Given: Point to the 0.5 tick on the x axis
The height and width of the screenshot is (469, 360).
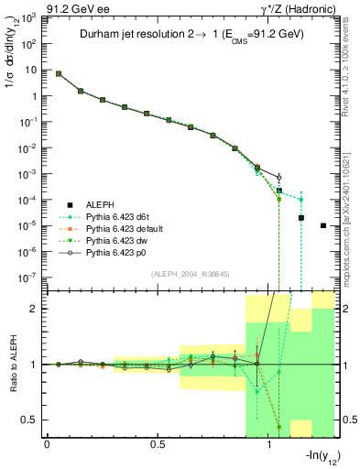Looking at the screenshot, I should [x=158, y=444].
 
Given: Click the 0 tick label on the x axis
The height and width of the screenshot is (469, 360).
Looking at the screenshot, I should [x=47, y=444].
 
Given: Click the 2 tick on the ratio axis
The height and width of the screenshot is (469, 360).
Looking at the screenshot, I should [x=30, y=309].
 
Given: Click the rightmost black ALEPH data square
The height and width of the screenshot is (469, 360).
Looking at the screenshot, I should [x=323, y=225].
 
